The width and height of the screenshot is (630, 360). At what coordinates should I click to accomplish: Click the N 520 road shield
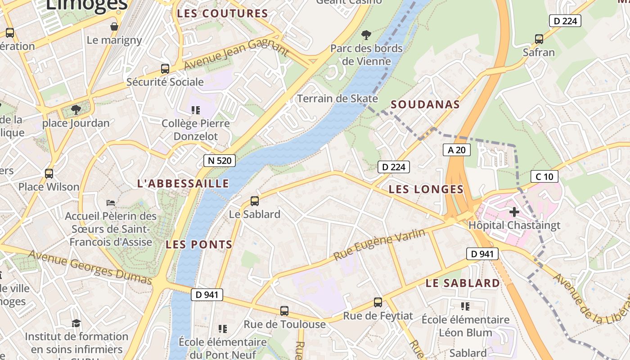219,160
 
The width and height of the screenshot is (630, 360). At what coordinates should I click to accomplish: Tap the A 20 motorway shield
457,150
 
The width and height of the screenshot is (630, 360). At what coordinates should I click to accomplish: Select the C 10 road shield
544,176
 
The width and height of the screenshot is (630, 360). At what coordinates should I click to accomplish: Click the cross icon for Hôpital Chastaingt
514,211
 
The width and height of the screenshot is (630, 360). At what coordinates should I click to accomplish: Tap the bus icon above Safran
539,39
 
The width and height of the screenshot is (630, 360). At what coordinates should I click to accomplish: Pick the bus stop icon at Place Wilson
49,173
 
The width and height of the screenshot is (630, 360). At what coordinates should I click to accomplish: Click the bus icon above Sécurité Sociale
165,69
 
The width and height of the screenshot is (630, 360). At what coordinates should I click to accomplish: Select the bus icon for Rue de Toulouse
284,311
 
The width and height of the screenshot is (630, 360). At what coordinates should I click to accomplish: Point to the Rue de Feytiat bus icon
378,302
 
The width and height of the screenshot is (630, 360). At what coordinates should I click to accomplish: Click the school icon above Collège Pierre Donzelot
195,110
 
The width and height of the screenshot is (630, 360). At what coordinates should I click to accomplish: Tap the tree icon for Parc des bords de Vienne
366,35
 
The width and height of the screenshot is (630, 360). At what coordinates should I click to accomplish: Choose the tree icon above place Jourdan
76,109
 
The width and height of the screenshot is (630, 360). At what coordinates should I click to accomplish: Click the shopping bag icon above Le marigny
114,27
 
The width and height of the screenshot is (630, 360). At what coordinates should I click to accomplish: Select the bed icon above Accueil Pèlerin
110,203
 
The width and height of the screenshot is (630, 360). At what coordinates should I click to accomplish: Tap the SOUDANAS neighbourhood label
425,105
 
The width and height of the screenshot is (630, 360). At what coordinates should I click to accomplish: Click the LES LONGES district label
426,189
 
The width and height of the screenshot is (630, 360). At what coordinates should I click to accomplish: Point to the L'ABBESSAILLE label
183,184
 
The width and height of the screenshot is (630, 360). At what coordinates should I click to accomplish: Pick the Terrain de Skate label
337,99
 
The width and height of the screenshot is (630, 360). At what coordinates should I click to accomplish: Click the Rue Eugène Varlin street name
379,245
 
